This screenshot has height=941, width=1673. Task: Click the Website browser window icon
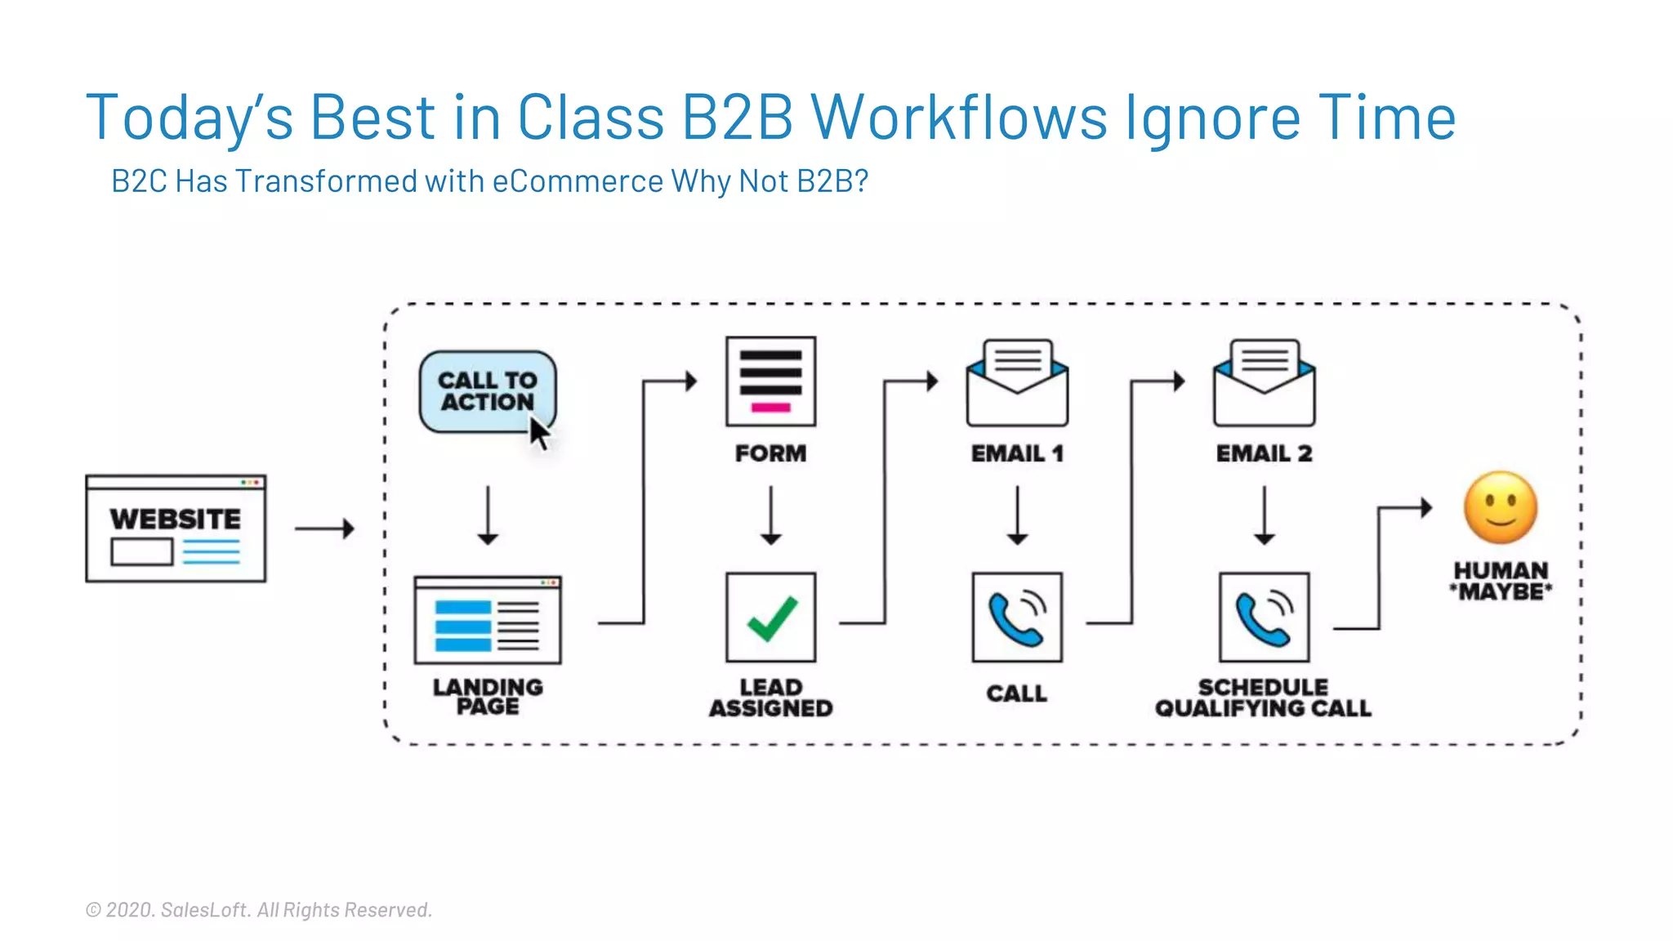[176, 528]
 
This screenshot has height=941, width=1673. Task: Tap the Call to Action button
[487, 391]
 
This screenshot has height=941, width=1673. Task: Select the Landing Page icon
[488, 620]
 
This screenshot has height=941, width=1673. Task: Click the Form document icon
[770, 381]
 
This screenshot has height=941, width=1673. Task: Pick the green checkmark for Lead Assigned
[771, 618]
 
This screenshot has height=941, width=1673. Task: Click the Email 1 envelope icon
[1017, 383]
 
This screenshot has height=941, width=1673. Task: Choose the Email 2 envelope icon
[1264, 383]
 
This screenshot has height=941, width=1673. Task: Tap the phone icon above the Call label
[1017, 618]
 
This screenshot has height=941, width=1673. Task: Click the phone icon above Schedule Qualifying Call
[1264, 618]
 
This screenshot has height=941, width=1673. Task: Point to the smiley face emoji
[1501, 507]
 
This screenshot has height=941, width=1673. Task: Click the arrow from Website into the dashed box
[324, 528]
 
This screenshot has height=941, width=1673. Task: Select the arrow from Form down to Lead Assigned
[770, 515]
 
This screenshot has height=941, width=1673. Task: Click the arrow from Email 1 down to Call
[1017, 515]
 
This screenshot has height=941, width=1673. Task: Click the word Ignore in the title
[1213, 118]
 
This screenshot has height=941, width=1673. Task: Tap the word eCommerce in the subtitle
[578, 181]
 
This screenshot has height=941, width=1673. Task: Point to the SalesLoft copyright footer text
[259, 909]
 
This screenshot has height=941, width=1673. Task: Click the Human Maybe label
[1501, 581]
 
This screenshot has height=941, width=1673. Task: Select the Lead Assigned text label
[770, 698]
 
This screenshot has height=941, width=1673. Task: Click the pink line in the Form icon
[770, 408]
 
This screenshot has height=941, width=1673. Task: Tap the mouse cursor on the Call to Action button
[539, 432]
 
